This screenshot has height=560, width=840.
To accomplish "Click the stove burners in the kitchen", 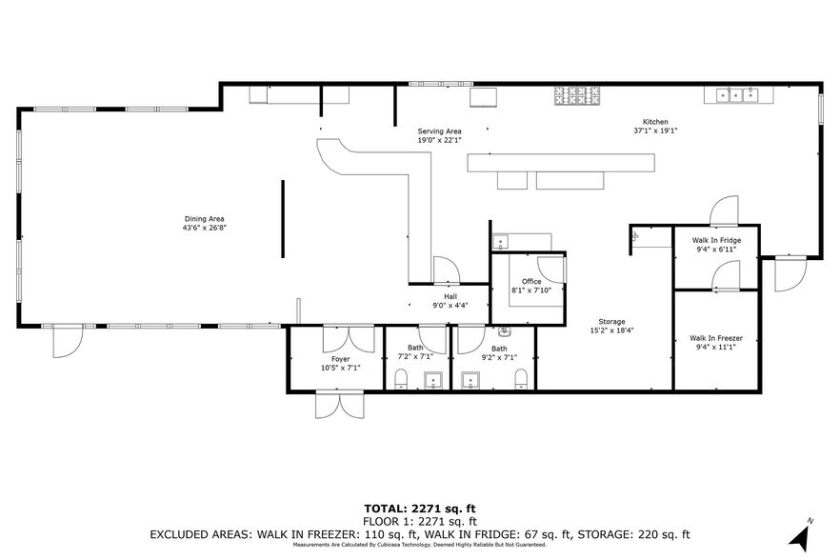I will tap(578, 94).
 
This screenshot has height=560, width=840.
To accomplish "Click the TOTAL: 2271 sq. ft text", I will tap(419, 510).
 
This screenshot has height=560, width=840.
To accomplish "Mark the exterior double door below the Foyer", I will tap(338, 404).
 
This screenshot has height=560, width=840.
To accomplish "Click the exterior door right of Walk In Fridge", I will tap(790, 274).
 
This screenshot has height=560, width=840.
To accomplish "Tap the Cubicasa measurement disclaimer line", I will tap(419, 545).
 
